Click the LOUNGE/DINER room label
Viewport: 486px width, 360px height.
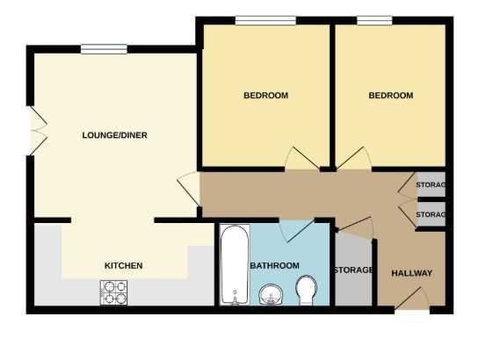point(114,135)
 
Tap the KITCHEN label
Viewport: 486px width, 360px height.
point(123,265)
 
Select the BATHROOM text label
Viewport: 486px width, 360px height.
point(274,265)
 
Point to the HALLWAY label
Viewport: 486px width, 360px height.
point(411,273)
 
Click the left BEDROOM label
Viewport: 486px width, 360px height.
point(266,96)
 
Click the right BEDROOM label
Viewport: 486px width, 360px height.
point(391,96)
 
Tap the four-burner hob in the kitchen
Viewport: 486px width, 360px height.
point(113,292)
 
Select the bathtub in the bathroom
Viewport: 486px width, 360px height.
point(235,265)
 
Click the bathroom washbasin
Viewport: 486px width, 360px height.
point(271,294)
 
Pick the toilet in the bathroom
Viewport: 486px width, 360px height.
point(307,291)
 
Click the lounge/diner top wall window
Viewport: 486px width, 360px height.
point(104,49)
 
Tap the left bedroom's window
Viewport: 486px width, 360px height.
point(265,20)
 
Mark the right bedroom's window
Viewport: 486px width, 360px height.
point(374,20)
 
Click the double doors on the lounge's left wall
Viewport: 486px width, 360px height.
point(38,131)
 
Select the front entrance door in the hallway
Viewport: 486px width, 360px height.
point(411,299)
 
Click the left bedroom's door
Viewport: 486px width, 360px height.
point(302,158)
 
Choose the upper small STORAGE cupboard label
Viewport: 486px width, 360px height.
point(431,185)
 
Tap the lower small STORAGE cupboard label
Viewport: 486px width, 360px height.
point(431,214)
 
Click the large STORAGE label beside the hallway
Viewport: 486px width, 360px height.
point(353,270)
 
